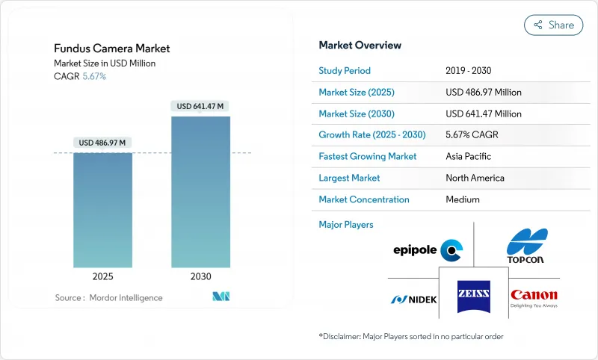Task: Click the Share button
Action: [x=554, y=25]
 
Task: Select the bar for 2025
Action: [x=102, y=210]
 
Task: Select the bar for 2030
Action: [x=200, y=192]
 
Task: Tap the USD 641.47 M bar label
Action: [x=200, y=106]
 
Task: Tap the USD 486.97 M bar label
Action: [x=102, y=143]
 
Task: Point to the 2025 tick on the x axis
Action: [x=102, y=276]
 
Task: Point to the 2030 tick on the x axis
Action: [x=200, y=276]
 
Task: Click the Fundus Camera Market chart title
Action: [x=112, y=49]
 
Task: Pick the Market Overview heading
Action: [x=360, y=46]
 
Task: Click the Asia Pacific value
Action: [x=469, y=157]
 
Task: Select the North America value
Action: [x=475, y=178]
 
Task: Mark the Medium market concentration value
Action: [x=463, y=199]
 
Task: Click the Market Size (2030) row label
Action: [x=357, y=114]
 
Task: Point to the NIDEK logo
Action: [x=413, y=300]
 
